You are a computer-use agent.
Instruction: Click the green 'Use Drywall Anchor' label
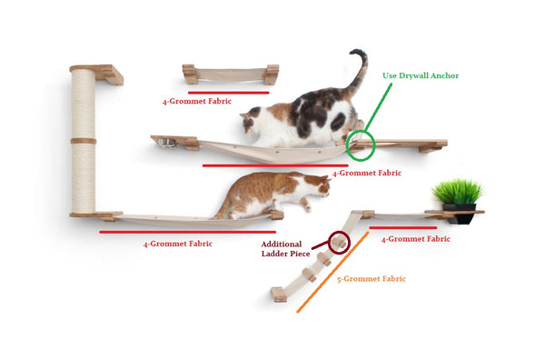pos(421,75)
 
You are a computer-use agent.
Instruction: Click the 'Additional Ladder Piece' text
pos(285,249)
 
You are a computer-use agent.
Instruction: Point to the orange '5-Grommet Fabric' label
pos(372,279)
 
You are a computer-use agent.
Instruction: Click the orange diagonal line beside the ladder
pos(332,272)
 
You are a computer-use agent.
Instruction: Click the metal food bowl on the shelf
pos(166,143)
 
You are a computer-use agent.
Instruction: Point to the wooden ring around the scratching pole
pos(84,141)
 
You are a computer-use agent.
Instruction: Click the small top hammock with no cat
pos(231,75)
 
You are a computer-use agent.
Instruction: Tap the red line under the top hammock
pos(229,93)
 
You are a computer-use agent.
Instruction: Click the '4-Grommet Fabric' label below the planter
pos(416,239)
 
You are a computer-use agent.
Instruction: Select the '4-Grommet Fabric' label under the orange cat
pos(178,244)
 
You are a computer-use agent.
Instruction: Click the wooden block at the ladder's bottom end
pos(279,295)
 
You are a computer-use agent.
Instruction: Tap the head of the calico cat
pos(251,120)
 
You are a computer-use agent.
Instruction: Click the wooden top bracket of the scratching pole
pos(97,74)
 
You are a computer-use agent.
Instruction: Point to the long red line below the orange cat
pos(188,232)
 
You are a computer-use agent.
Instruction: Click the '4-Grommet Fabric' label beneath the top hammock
pos(197,101)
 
